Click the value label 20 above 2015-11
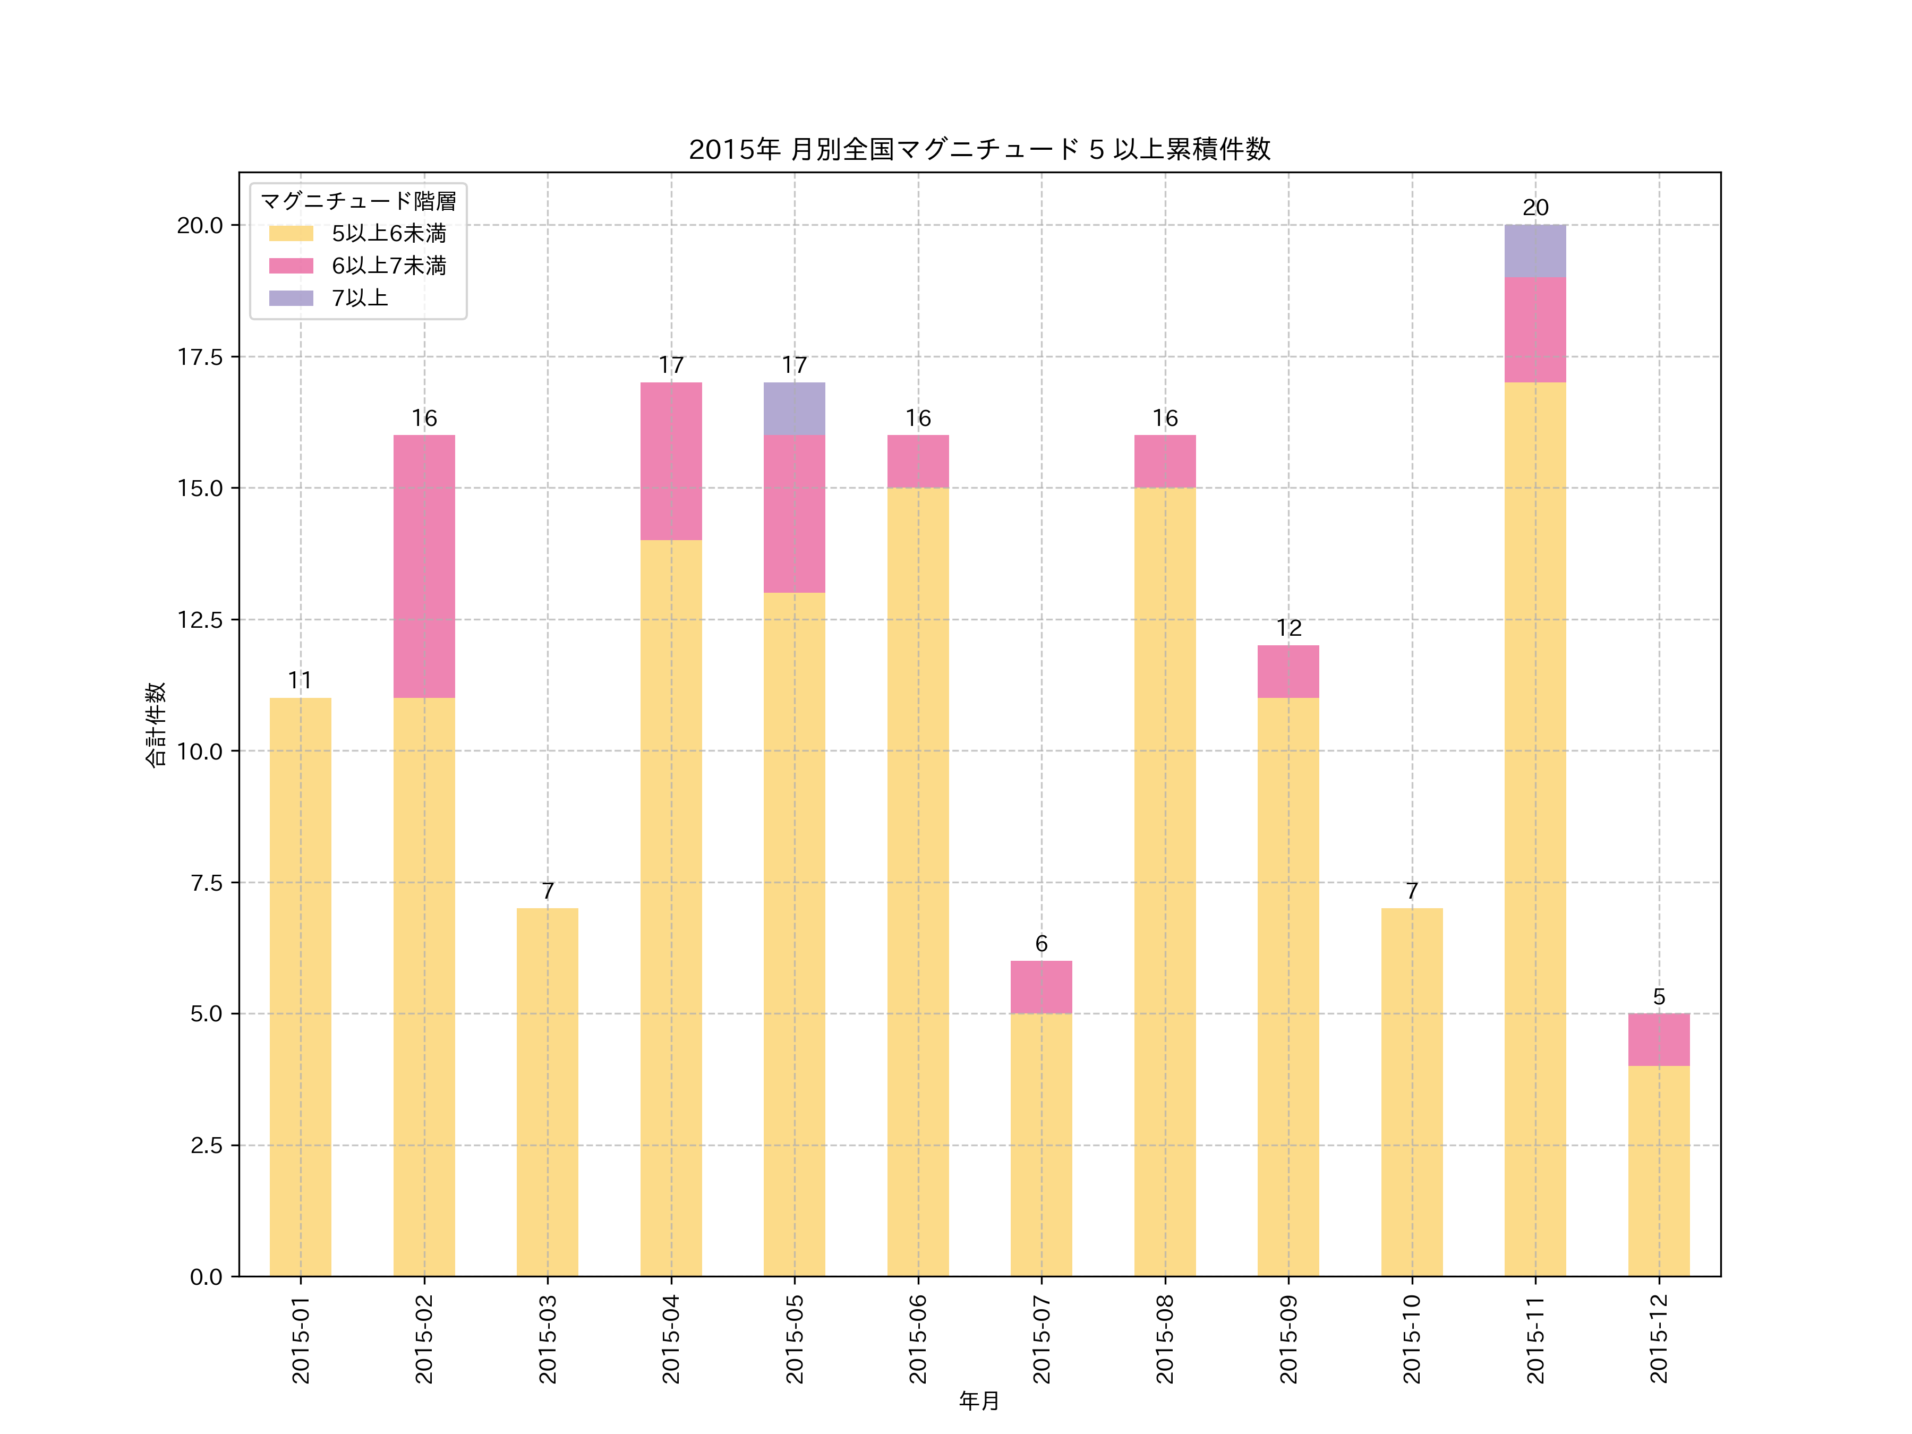tap(1534, 208)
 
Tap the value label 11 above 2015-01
tap(300, 680)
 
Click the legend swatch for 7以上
tap(291, 298)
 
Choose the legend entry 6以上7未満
tap(389, 266)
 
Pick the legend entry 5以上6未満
tap(389, 233)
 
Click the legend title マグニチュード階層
tap(358, 201)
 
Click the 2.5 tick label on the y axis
tap(206, 1145)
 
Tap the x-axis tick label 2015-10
tap(1412, 1338)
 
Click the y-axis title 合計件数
tap(155, 724)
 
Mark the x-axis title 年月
tap(978, 1401)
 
